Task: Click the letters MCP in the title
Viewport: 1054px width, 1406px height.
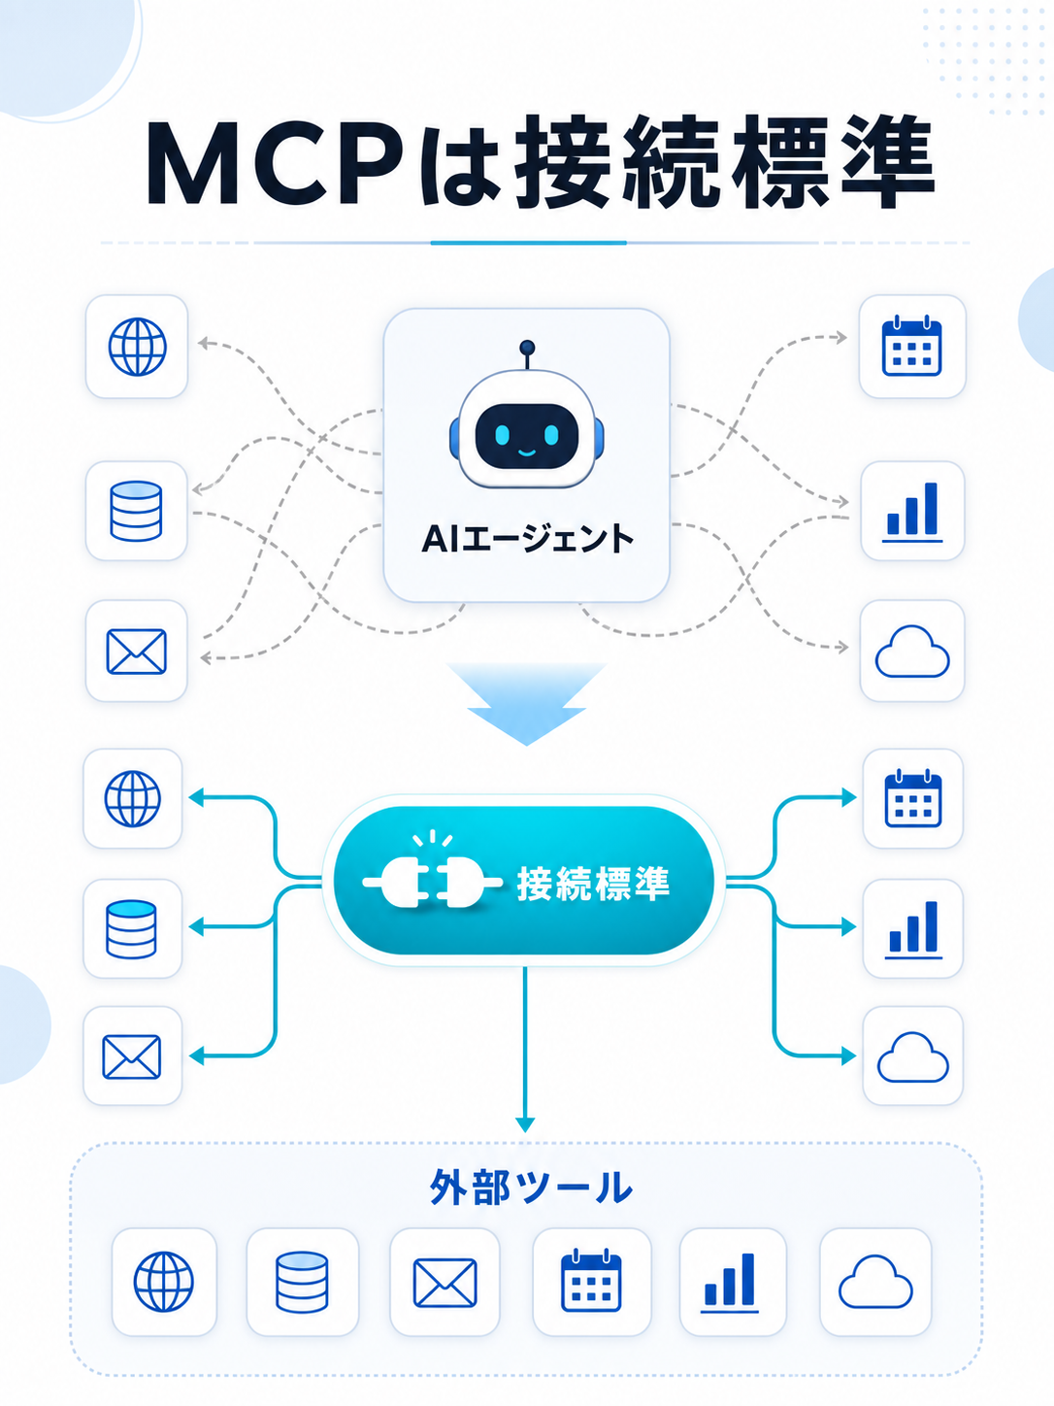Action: click(x=276, y=163)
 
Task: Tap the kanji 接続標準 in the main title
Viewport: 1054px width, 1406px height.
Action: click(x=724, y=163)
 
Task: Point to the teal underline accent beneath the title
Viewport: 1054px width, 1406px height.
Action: click(x=528, y=243)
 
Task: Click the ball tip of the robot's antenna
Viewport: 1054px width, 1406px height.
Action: click(x=527, y=348)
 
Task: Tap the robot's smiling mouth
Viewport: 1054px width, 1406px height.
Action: click(x=526, y=452)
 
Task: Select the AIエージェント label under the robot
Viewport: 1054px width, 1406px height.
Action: click(x=527, y=539)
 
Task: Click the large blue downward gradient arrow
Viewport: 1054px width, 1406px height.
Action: click(x=527, y=703)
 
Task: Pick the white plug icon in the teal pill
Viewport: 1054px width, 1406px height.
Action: click(x=433, y=882)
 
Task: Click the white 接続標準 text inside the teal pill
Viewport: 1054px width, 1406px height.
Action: click(x=593, y=884)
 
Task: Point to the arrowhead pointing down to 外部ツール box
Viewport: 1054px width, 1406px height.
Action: click(x=525, y=1124)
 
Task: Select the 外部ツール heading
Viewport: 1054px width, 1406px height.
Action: click(x=531, y=1187)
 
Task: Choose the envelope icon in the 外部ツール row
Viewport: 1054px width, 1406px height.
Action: click(x=445, y=1283)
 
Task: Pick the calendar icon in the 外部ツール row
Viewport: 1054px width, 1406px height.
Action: click(x=591, y=1280)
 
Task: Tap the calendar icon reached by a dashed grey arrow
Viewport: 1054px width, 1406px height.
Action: click(x=912, y=345)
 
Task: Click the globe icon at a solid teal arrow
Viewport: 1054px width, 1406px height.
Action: click(x=132, y=798)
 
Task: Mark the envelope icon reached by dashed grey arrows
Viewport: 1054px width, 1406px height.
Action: click(x=136, y=652)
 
